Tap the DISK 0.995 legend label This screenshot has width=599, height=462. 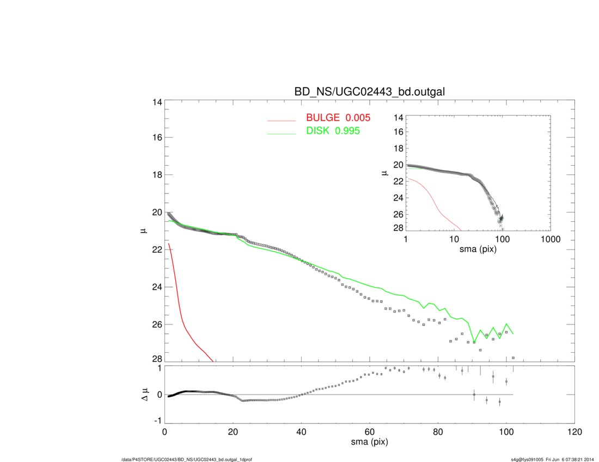coord(333,131)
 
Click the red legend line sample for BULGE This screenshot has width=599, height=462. coord(281,120)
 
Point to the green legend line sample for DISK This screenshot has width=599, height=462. coord(281,134)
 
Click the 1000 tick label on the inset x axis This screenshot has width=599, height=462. coord(550,240)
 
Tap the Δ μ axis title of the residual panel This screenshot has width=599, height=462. coord(144,395)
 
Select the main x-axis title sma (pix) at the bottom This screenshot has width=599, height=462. coord(369,442)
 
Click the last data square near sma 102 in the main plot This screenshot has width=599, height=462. coord(513,358)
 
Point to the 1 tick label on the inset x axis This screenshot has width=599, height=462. coord(406,240)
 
